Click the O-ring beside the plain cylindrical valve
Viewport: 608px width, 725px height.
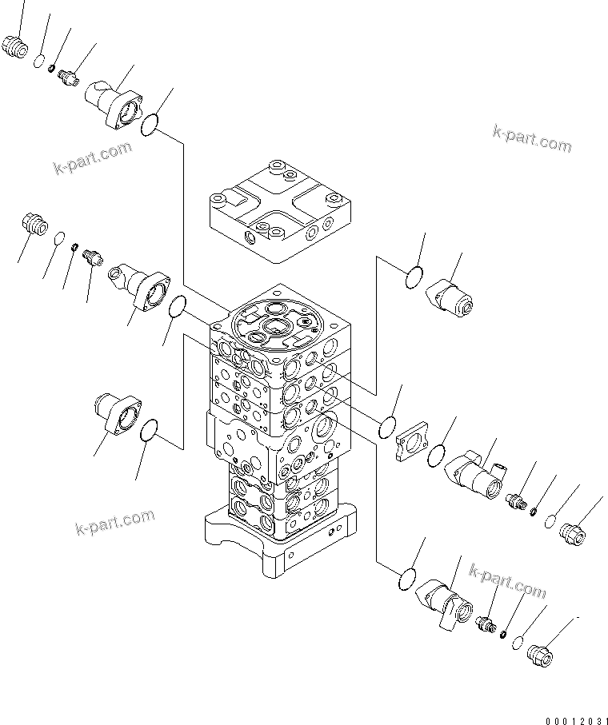pos(413,278)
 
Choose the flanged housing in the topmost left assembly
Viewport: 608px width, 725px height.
pos(114,104)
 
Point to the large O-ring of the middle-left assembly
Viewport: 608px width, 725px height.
pos(178,306)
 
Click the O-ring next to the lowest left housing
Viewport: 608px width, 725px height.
pos(149,433)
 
